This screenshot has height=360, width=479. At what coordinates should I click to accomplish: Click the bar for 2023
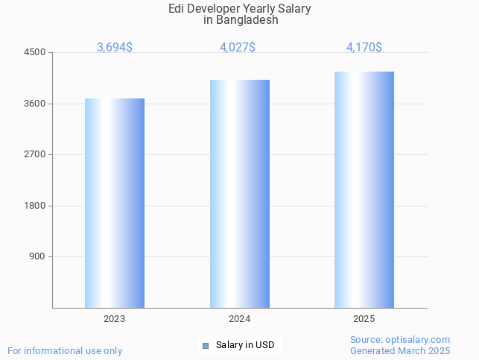pyautogui.click(x=115, y=203)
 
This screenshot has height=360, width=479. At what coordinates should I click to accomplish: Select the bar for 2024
pyautogui.click(x=239, y=194)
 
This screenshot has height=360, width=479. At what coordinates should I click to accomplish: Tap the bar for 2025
pyautogui.click(x=364, y=189)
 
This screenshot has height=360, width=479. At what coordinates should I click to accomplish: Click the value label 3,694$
pyautogui.click(x=115, y=48)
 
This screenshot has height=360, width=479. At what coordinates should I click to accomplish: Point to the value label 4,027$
pyautogui.click(x=238, y=48)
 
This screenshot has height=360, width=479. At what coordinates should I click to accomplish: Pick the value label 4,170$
pyautogui.click(x=364, y=48)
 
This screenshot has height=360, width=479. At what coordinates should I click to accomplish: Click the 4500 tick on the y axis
pyautogui.click(x=35, y=52)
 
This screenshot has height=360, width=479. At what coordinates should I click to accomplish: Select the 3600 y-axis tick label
pyautogui.click(x=35, y=104)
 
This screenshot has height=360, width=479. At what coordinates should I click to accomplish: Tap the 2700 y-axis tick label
pyautogui.click(x=35, y=154)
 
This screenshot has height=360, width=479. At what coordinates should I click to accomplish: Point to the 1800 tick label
pyautogui.click(x=35, y=206)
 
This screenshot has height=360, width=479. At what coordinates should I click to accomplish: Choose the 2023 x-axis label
pyautogui.click(x=115, y=318)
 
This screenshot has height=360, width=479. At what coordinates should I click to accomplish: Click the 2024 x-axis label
pyautogui.click(x=239, y=318)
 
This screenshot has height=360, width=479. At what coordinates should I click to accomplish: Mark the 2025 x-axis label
pyautogui.click(x=364, y=318)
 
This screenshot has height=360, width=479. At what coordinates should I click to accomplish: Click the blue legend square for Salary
pyautogui.click(x=206, y=345)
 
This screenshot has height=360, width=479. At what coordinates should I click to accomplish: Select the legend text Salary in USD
pyautogui.click(x=245, y=345)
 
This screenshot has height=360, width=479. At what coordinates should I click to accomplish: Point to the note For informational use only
pyautogui.click(x=65, y=350)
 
